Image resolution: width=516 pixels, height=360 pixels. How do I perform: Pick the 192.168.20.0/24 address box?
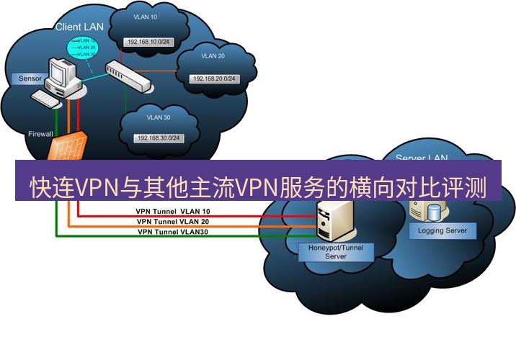[x=214, y=78]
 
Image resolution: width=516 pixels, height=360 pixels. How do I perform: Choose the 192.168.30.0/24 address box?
[x=156, y=138]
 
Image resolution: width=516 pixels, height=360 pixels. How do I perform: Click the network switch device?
[x=130, y=76]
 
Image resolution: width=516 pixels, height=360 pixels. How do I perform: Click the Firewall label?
[x=40, y=134]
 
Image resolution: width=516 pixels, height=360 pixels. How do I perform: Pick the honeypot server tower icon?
[x=331, y=220]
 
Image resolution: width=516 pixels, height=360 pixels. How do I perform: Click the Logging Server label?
[x=442, y=231]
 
